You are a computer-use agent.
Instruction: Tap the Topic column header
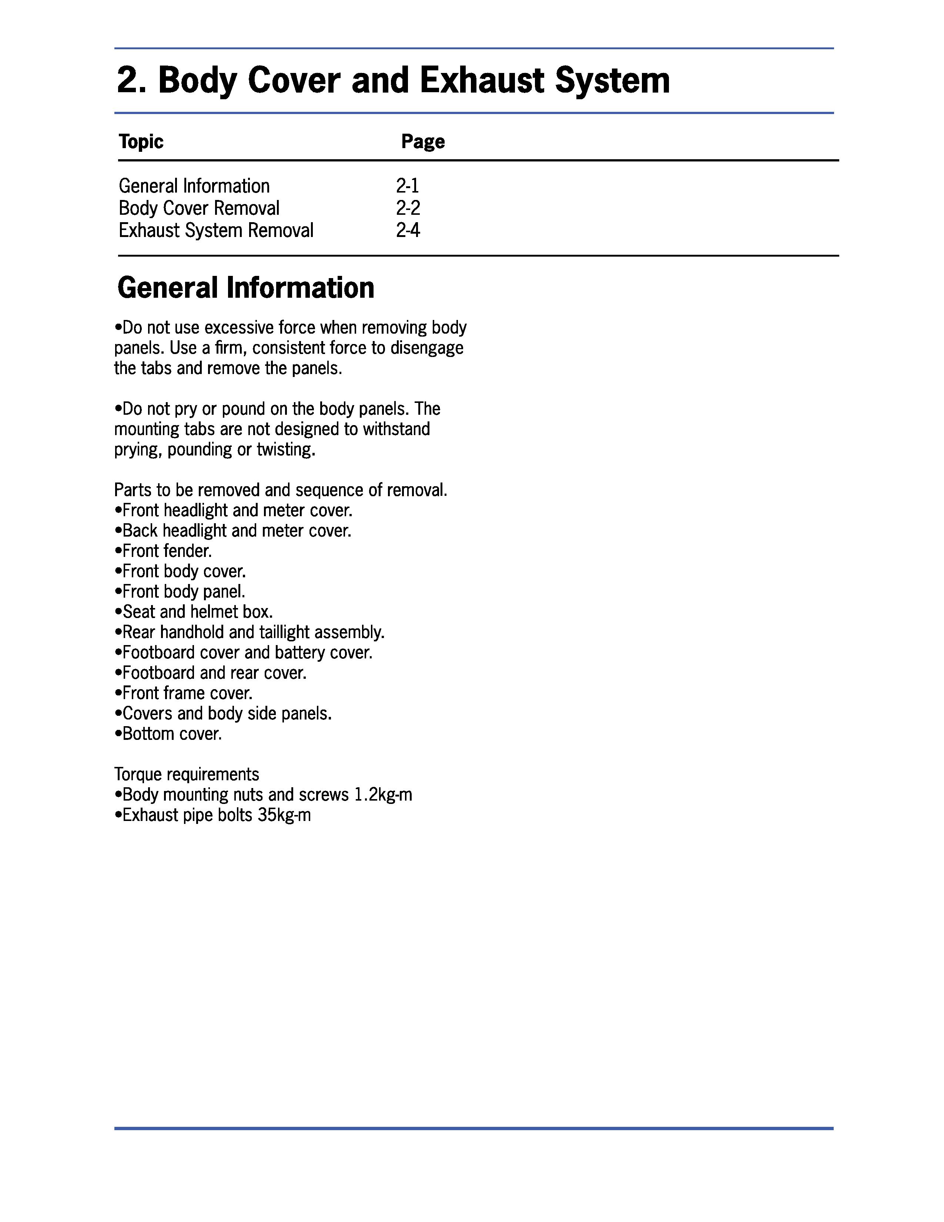tap(141, 141)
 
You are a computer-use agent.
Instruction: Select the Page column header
tap(423, 141)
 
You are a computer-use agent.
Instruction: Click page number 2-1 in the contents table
tap(407, 186)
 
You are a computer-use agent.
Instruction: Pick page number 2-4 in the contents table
tap(408, 231)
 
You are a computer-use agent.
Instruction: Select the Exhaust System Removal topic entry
tap(216, 231)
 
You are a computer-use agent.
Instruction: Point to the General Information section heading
tap(245, 288)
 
